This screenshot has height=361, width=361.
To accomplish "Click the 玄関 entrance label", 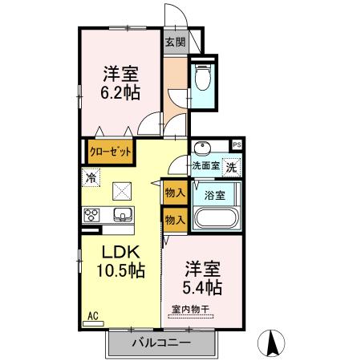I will [x=175, y=43].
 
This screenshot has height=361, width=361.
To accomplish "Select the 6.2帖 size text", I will [x=120, y=92].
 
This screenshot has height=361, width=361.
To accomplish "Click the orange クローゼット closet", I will [x=110, y=150].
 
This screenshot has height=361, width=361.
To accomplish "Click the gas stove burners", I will [x=91, y=215].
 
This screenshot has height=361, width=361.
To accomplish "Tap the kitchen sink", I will [x=123, y=215].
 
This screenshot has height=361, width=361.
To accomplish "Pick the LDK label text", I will [x=120, y=251].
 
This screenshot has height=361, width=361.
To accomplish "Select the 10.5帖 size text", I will [x=120, y=270].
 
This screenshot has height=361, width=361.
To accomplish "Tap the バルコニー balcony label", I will [x=160, y=343].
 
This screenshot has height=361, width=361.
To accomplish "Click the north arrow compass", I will [x=272, y=343].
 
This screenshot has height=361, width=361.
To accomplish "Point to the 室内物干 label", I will [x=189, y=309].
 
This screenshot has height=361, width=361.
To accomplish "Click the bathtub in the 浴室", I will [x=213, y=219].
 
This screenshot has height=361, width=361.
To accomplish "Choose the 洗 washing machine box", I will [x=231, y=168].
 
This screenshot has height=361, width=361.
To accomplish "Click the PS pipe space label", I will [x=236, y=145].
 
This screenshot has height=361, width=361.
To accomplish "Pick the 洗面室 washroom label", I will [x=205, y=168].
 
